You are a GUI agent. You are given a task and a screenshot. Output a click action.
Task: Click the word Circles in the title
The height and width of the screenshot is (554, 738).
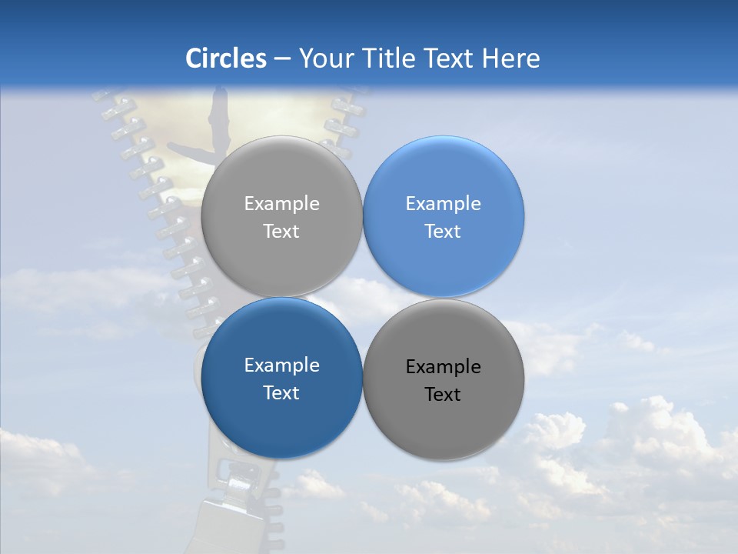tap(225, 58)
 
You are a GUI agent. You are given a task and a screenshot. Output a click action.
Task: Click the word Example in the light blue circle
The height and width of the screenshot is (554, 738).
tap(443, 204)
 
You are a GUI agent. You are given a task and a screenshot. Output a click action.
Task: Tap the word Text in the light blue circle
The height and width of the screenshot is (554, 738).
tap(443, 232)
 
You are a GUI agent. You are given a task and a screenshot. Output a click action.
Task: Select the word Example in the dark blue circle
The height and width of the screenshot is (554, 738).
tap(281, 365)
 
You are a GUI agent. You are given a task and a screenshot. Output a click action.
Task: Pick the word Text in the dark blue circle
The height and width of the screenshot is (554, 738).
tap(281, 393)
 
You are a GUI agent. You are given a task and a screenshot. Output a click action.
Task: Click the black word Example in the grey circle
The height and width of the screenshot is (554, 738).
tap(443, 367)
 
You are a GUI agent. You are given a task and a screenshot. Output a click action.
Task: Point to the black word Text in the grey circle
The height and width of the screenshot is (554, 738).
tap(443, 395)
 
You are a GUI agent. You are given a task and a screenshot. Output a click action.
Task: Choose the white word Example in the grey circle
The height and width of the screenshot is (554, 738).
tap(281, 204)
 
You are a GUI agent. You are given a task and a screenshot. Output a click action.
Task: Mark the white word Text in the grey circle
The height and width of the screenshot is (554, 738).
tap(281, 232)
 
